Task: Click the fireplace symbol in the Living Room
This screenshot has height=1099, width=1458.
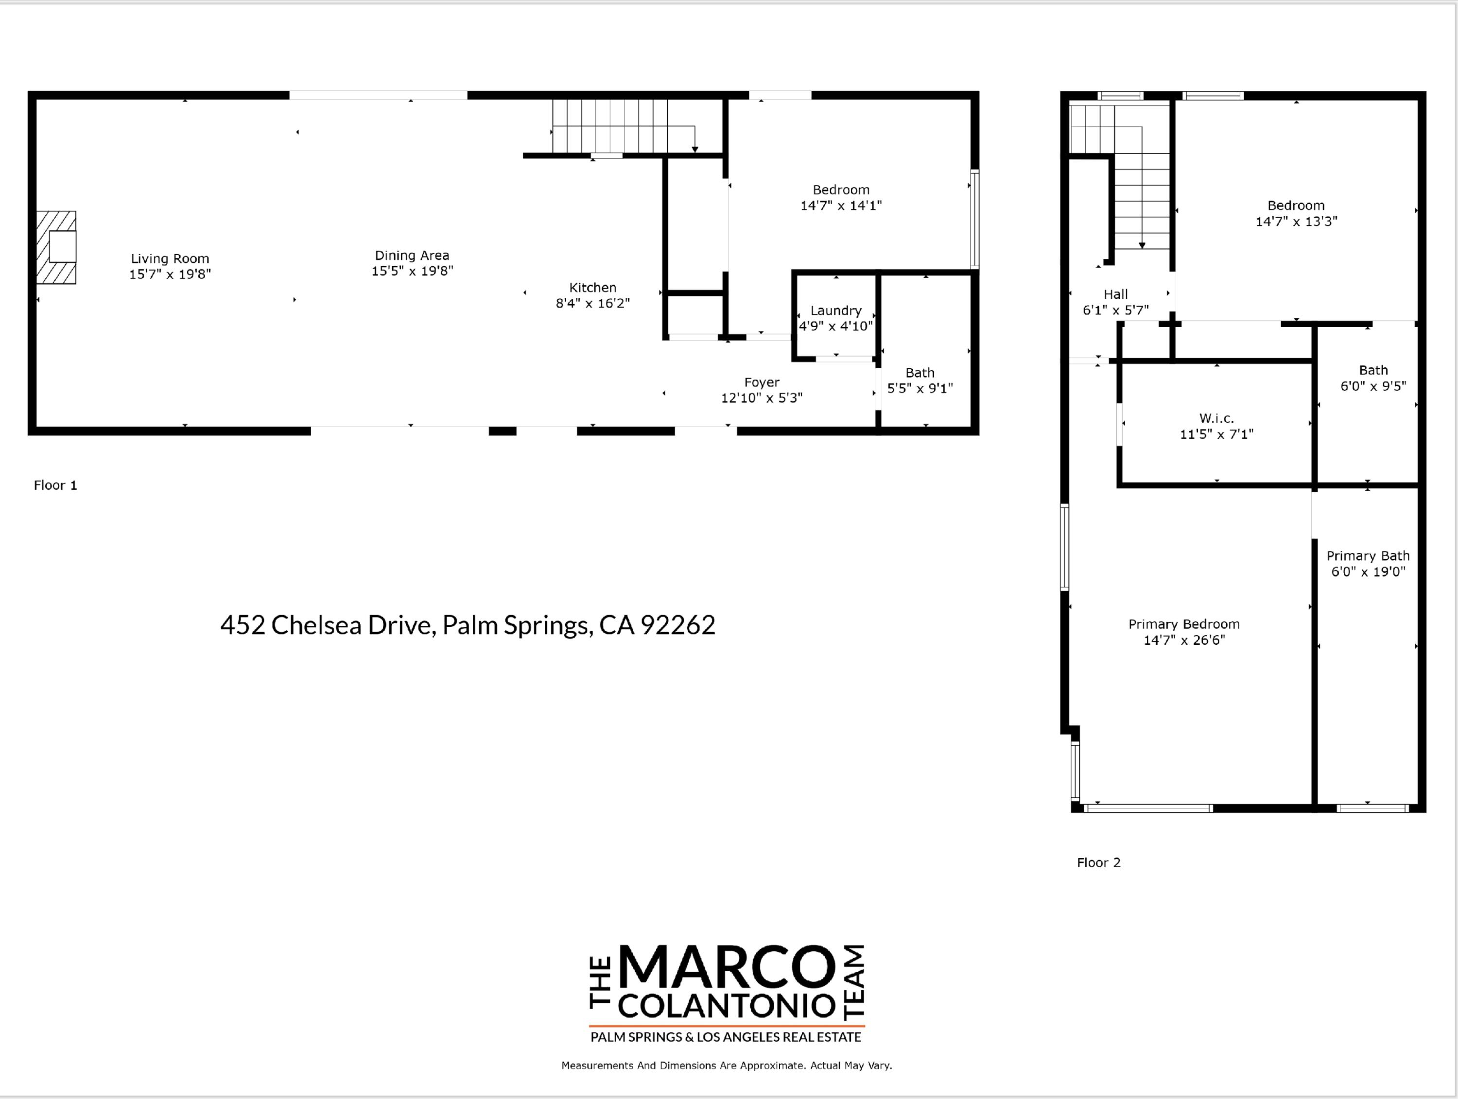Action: pyautogui.click(x=57, y=247)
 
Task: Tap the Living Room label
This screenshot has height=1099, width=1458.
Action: pyautogui.click(x=170, y=258)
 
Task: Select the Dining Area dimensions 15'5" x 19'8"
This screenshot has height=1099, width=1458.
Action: pyautogui.click(x=412, y=271)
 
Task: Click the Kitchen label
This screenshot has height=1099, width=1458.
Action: pyautogui.click(x=592, y=287)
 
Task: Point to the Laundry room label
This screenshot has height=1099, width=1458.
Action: pyautogui.click(x=836, y=310)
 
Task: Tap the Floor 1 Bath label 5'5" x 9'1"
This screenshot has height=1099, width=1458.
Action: pyautogui.click(x=920, y=381)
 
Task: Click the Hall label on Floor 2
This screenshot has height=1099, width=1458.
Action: pyautogui.click(x=1115, y=294)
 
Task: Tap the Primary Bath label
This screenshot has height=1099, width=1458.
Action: pyautogui.click(x=1368, y=556)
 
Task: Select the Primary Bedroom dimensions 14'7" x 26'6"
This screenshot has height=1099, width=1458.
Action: pyautogui.click(x=1184, y=640)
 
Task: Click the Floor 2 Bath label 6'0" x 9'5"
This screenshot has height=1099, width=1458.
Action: pyautogui.click(x=1373, y=378)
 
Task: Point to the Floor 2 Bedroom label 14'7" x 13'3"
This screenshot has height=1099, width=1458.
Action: pyautogui.click(x=1295, y=213)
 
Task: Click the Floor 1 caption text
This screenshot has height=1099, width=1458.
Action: pyautogui.click(x=55, y=485)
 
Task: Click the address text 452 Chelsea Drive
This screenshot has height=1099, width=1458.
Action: pyautogui.click(x=468, y=625)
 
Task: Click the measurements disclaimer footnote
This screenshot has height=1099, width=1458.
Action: pyautogui.click(x=727, y=1065)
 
